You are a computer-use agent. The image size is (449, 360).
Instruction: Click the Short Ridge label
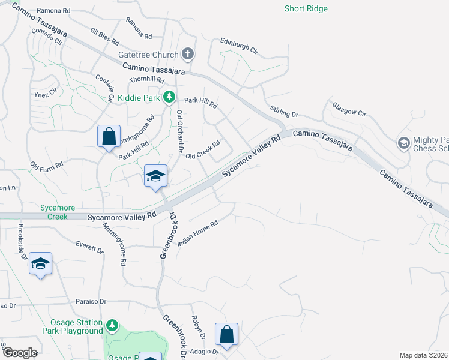(x=306, y=8)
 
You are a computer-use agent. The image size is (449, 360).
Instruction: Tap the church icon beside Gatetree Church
(x=188, y=55)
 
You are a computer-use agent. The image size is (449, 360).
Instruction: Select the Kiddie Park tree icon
(x=170, y=97)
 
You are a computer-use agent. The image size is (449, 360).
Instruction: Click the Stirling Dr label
(x=284, y=110)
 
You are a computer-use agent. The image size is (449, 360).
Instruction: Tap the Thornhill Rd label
(x=146, y=80)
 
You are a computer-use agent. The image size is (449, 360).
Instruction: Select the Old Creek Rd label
(x=203, y=150)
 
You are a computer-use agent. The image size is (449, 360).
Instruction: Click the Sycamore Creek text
(x=58, y=212)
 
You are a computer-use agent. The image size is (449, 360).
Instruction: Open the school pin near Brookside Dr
(x=40, y=263)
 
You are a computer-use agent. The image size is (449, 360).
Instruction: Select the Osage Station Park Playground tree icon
(x=112, y=326)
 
